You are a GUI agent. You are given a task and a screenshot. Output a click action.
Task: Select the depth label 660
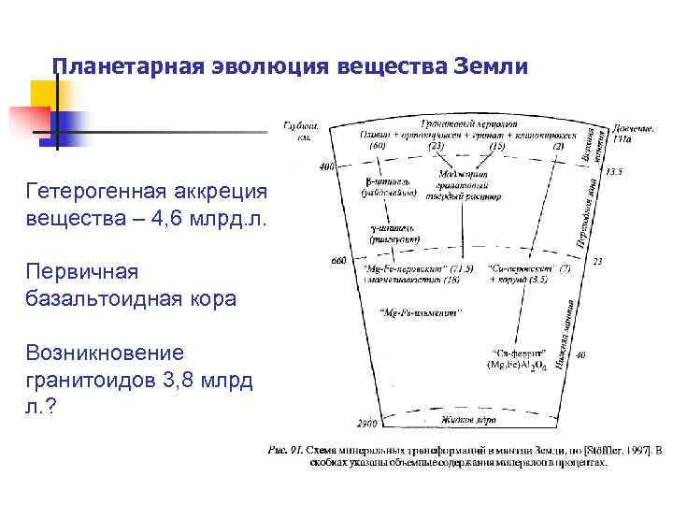tap(339, 262)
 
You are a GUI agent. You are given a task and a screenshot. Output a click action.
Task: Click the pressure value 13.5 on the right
tap(615, 172)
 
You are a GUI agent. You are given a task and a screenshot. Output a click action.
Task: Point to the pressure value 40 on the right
tap(581, 355)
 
